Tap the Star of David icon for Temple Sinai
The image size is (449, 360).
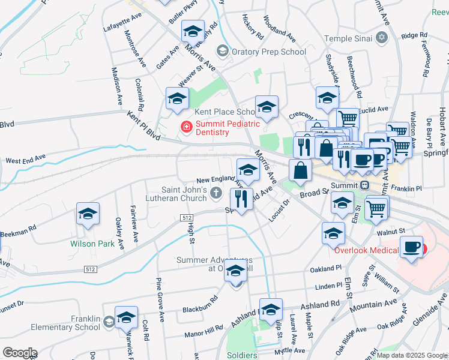point(381,38)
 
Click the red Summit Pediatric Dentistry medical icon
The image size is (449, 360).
point(186,127)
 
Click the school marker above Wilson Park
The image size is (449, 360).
point(88,214)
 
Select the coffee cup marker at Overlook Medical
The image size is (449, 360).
point(411,247)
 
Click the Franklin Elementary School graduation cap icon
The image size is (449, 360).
point(108,323)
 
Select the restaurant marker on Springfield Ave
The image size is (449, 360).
point(241,198)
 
